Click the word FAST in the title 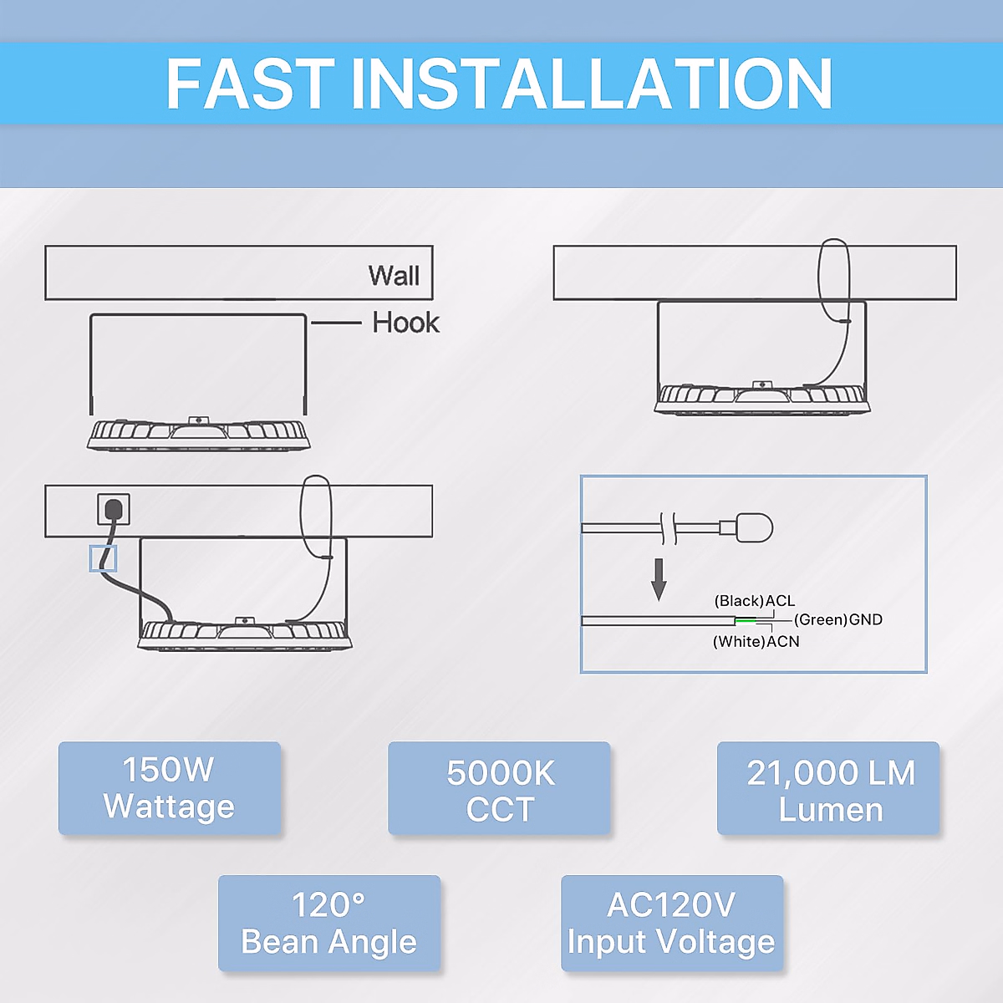pos(250,84)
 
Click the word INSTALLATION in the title pos(592,84)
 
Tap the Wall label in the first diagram pos(394,275)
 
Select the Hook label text pos(405,323)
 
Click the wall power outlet pos(114,508)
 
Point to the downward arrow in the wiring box pos(659,578)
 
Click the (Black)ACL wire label pos(754,601)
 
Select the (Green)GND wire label pos(838,619)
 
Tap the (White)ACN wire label pos(756,641)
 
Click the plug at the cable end pos(754,527)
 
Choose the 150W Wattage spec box pos(170,788)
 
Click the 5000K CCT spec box pos(500,790)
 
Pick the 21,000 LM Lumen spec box pos(829,790)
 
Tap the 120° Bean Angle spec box pos(329,924)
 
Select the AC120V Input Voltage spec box pos(672,924)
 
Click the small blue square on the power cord pos(103,558)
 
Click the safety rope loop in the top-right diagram pos(833,280)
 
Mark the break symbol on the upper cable pos(668,527)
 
